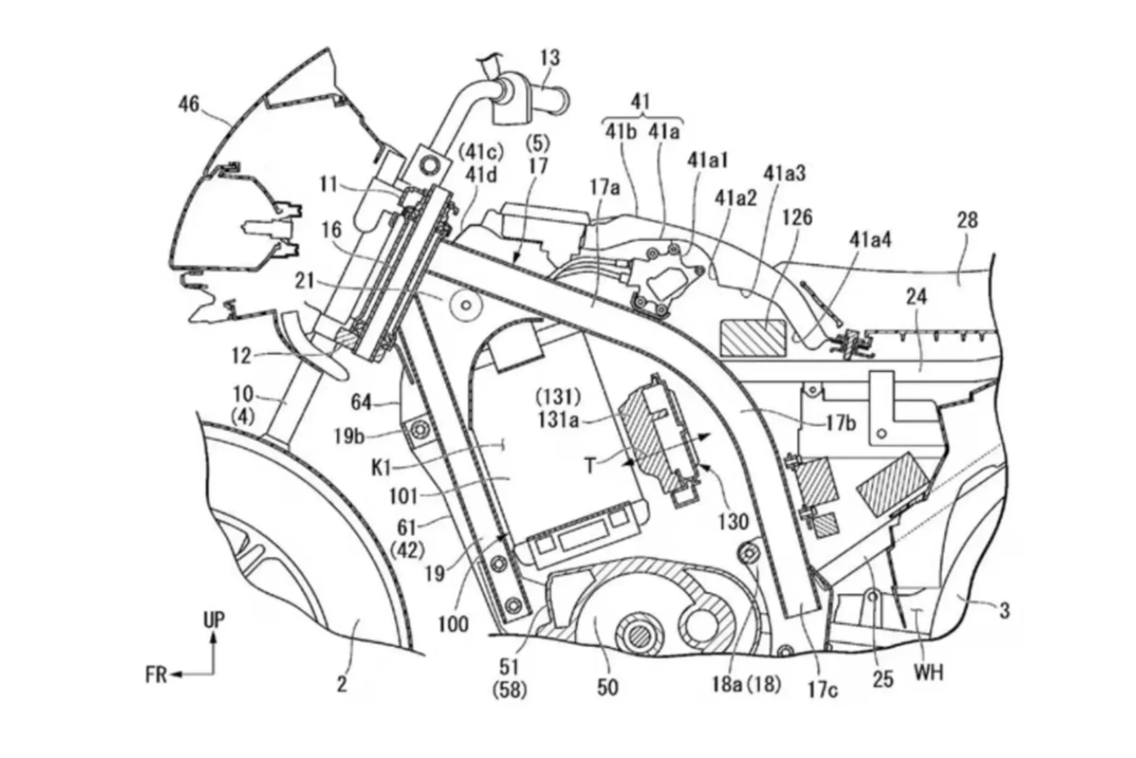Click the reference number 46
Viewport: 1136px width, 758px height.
point(188,104)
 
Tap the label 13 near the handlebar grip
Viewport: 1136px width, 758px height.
point(550,58)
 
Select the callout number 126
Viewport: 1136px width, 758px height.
point(798,218)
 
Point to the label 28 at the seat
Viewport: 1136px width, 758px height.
point(967,220)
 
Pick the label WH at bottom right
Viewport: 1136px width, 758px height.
point(928,673)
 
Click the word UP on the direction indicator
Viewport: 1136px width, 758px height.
point(213,620)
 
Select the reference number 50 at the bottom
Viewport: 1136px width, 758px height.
point(606,687)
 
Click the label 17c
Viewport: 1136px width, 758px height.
point(823,690)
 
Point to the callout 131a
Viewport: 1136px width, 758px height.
point(558,419)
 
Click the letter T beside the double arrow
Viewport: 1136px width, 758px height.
point(590,466)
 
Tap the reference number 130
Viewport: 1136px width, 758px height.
point(733,521)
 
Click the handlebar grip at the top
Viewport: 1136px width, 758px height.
point(549,99)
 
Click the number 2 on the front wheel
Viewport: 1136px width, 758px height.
point(341,684)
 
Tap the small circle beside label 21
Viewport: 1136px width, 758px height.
point(466,305)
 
